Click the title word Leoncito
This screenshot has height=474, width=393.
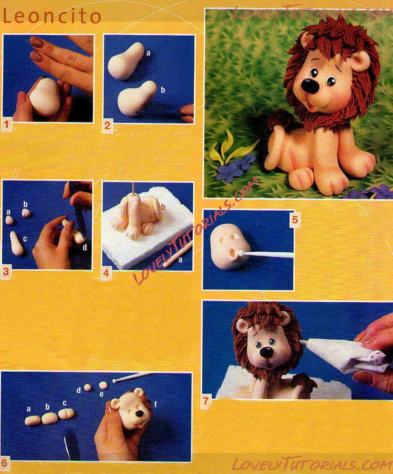tap(51, 16)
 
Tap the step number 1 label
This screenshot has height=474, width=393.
tap(7, 124)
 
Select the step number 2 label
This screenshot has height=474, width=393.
tap(108, 125)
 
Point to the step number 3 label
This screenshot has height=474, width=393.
tap(6, 272)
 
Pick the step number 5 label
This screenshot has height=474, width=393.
tap(295, 219)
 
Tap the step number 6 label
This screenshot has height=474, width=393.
tap(5, 463)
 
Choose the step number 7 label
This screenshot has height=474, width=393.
tap(206, 401)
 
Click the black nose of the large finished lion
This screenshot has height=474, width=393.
tap(311, 86)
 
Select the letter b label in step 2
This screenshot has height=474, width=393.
tap(163, 90)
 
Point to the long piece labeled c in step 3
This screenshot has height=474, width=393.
tap(16, 243)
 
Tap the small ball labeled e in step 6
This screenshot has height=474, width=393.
tap(103, 385)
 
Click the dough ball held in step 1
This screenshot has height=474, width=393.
tap(45, 96)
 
